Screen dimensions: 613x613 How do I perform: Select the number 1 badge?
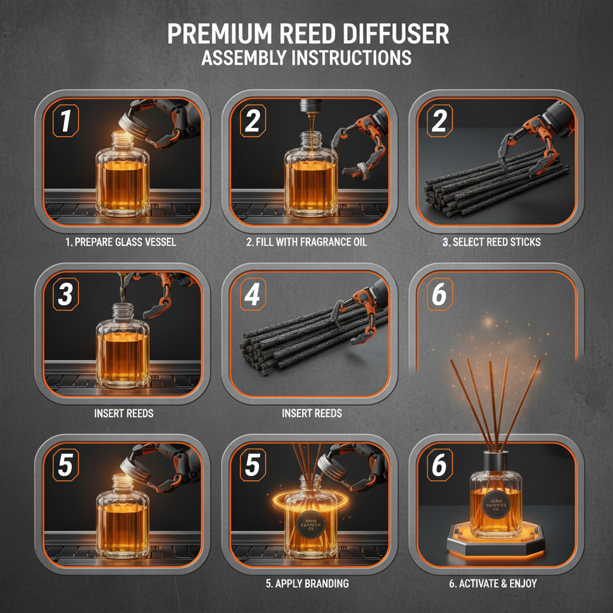(x=66, y=122)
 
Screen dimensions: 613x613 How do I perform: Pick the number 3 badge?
(x=66, y=293)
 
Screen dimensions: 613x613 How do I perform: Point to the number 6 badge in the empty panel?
(x=439, y=293)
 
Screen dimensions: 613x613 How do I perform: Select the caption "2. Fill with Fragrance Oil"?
(x=306, y=242)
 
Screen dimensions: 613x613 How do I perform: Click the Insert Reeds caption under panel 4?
(x=311, y=413)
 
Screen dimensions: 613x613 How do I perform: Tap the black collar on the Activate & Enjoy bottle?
(x=496, y=462)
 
